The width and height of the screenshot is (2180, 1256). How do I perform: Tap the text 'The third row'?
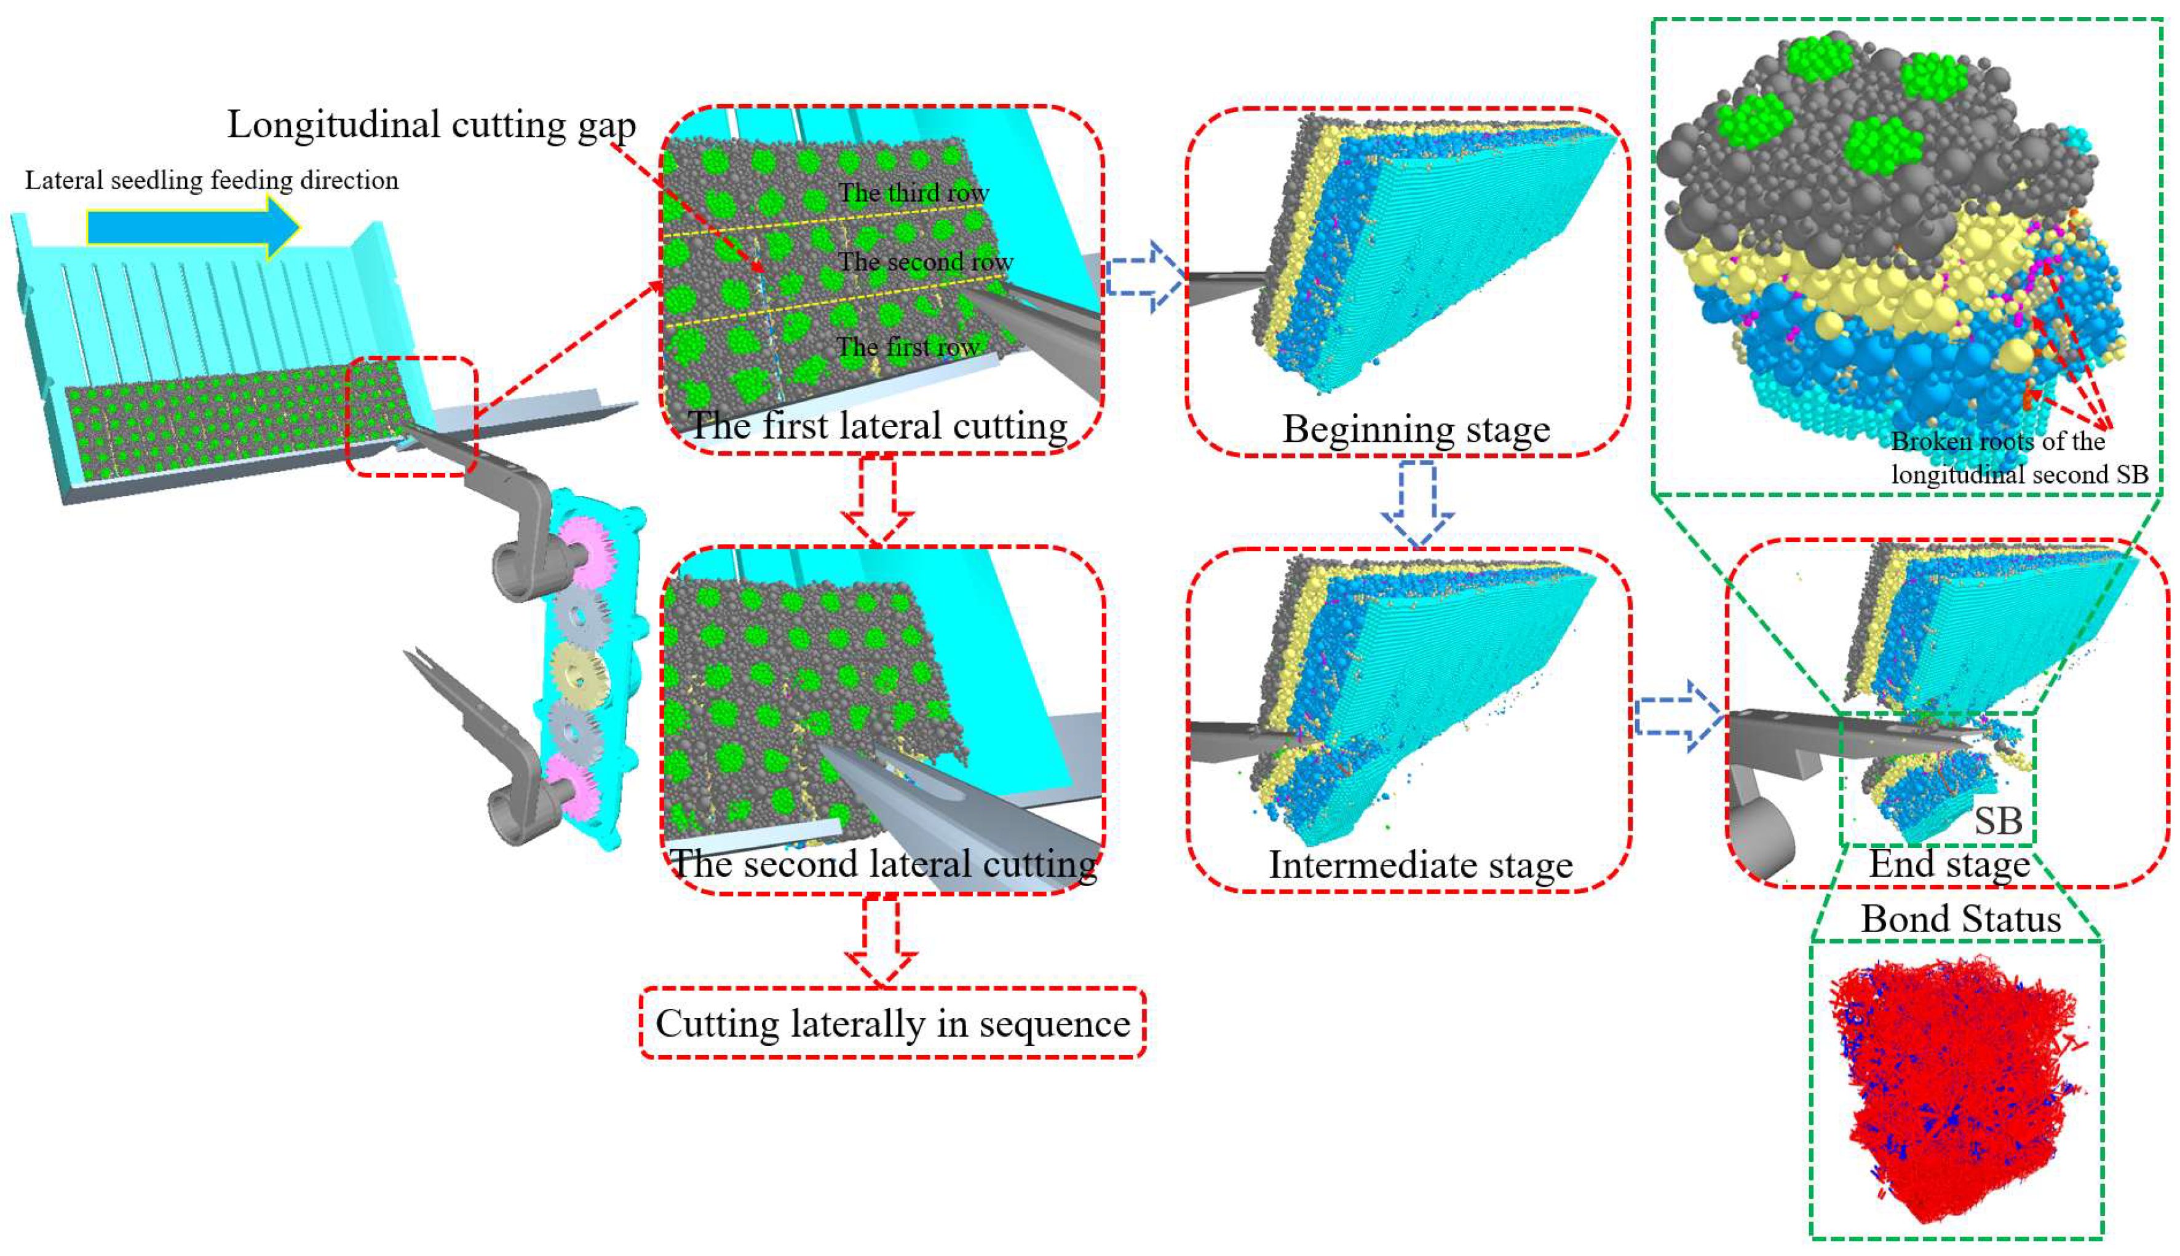click(913, 192)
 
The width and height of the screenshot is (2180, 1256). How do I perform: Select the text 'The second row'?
click(925, 261)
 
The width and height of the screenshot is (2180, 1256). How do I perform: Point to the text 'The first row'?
click(907, 347)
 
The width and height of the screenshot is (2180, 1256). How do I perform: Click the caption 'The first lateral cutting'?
click(877, 425)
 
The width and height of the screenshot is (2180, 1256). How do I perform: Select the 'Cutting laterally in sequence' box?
click(892, 1024)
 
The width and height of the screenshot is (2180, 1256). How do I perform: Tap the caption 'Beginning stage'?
click(1416, 429)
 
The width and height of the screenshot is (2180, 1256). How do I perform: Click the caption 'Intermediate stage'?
click(1421, 865)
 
